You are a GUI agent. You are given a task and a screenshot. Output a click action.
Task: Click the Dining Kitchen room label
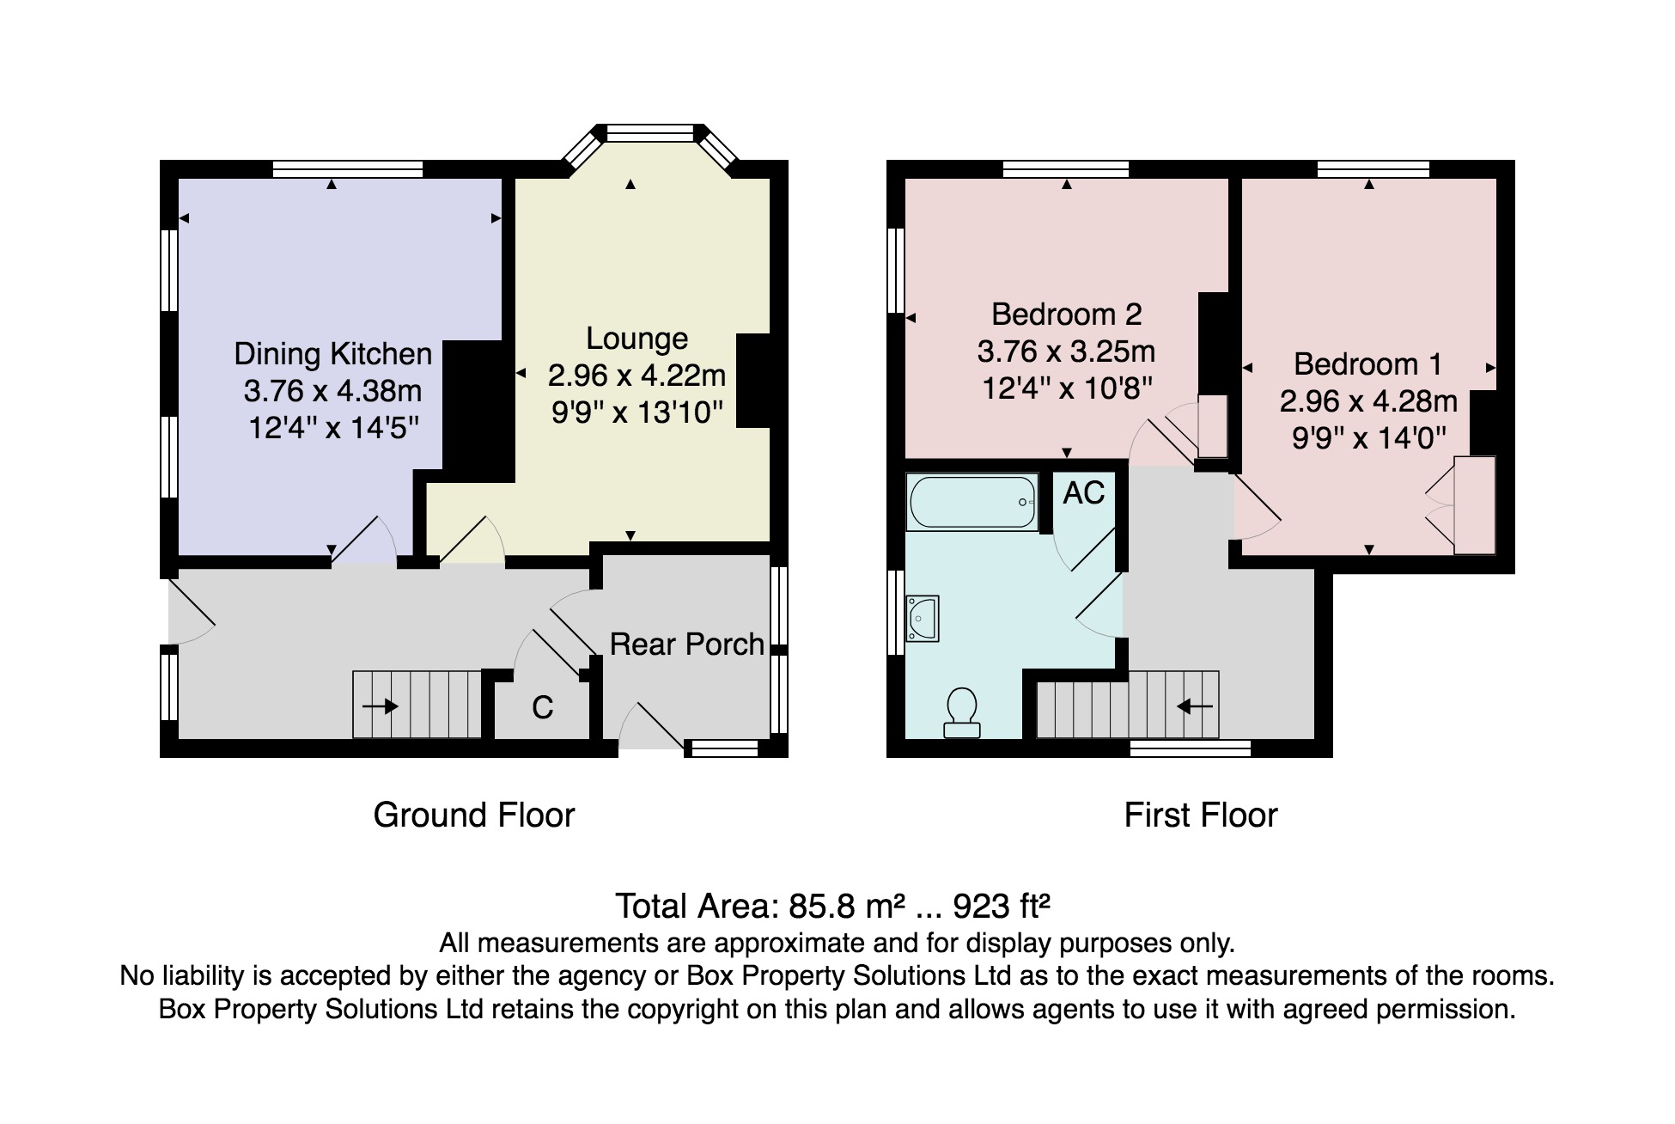tap(333, 354)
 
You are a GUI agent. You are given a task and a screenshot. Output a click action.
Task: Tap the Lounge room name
tap(637, 339)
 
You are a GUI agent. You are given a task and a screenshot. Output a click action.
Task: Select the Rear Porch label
tap(687, 644)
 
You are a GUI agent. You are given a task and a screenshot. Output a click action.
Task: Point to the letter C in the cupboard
tap(543, 707)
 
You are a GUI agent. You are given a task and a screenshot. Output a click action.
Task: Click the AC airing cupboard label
tap(1084, 493)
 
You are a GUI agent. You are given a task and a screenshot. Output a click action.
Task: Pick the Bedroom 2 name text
tap(1067, 315)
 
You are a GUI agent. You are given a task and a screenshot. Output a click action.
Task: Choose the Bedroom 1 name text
tap(1368, 364)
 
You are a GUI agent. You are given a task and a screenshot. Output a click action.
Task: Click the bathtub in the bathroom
tap(972, 503)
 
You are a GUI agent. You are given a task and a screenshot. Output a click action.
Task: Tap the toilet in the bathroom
tap(962, 712)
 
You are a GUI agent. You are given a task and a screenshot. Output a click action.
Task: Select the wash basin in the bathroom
tap(923, 619)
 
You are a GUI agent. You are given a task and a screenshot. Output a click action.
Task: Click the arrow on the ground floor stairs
tap(380, 706)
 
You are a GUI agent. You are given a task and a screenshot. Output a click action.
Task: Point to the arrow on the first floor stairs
tap(1194, 706)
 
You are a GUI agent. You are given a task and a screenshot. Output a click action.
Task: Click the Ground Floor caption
tap(474, 815)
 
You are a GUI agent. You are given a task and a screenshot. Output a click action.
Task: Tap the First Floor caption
tap(1201, 815)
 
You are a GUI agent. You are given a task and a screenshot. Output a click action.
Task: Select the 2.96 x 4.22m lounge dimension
tap(637, 376)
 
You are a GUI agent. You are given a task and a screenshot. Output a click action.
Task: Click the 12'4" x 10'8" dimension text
tap(1067, 388)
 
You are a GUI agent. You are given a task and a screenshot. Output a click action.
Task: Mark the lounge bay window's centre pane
tap(650, 132)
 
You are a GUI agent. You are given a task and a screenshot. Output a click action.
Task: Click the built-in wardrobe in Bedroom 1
tap(1474, 505)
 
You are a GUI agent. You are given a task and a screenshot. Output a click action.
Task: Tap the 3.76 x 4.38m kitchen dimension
tap(333, 391)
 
